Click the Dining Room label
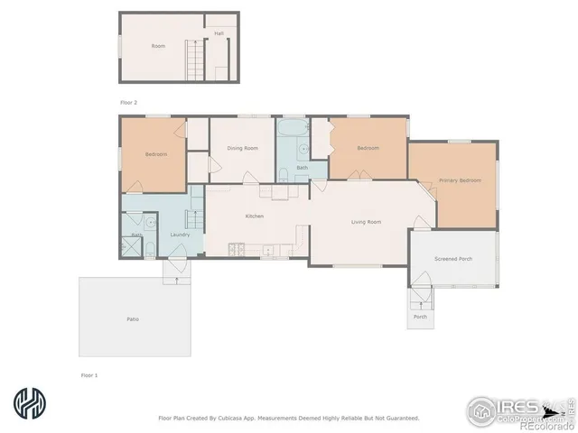tap(242, 148)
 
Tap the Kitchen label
tap(255, 216)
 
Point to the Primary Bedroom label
tap(460, 180)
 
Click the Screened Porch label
tap(452, 259)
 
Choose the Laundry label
tap(179, 235)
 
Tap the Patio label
tap(132, 319)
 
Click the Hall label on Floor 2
tap(219, 33)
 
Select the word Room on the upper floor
tap(158, 46)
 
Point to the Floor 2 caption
tap(129, 103)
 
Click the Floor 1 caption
tap(89, 373)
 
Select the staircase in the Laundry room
tap(192, 219)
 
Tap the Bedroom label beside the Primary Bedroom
tap(368, 148)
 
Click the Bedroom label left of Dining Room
tap(156, 154)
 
